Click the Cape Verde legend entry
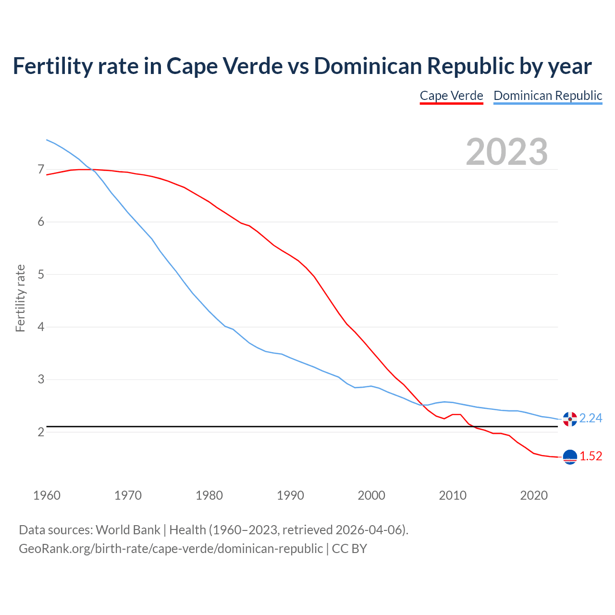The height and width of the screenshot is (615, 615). (x=451, y=96)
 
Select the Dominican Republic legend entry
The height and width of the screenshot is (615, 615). (x=548, y=96)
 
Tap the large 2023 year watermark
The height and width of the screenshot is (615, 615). (x=507, y=152)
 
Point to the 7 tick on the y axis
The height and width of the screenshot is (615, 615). (x=41, y=170)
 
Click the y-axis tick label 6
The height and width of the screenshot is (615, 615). (x=41, y=222)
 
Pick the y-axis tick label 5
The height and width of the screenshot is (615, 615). (x=41, y=274)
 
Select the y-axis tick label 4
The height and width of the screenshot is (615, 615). (x=41, y=327)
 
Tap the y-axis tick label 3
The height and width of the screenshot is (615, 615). (x=41, y=380)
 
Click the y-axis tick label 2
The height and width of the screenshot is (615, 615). (x=41, y=432)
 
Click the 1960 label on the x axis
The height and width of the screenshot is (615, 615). (x=47, y=495)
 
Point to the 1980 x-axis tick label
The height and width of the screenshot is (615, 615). (x=209, y=495)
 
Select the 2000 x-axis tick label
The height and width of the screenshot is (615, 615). (x=371, y=495)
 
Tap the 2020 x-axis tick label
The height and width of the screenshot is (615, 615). (x=534, y=495)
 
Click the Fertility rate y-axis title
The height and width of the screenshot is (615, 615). (x=20, y=298)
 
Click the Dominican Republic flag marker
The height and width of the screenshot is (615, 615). (x=570, y=419)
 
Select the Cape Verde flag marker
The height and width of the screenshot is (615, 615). (x=570, y=457)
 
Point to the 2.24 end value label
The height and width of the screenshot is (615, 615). (x=590, y=418)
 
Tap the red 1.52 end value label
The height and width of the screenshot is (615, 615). (x=590, y=456)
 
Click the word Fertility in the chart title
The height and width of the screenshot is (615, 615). (x=52, y=66)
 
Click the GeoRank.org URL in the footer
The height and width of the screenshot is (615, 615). (x=171, y=548)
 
